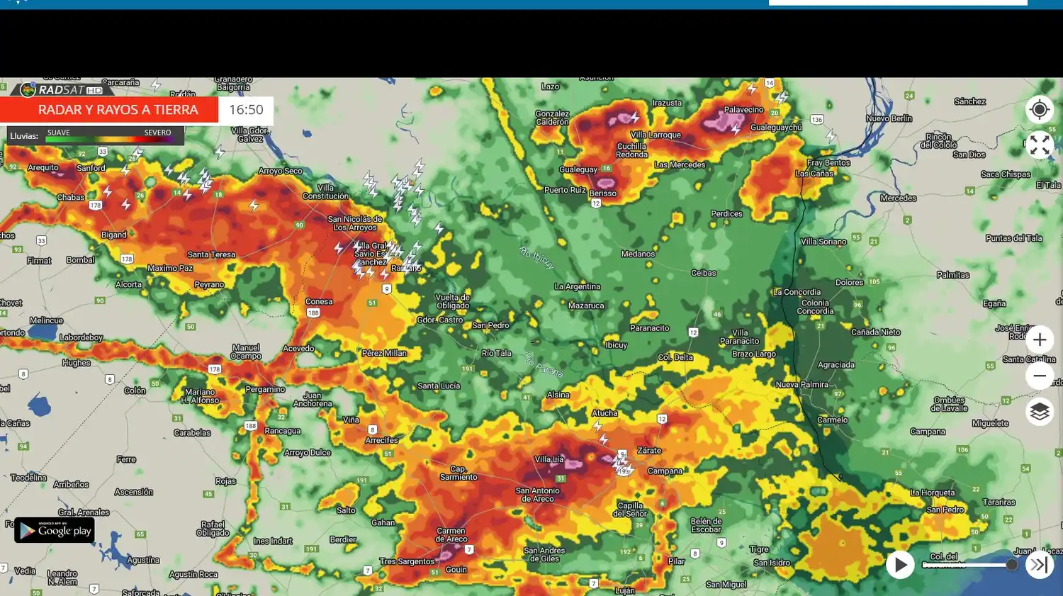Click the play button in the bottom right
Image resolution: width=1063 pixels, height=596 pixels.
tap(900, 565)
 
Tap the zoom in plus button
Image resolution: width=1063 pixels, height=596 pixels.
tap(1039, 340)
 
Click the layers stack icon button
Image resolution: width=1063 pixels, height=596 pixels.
tap(1039, 412)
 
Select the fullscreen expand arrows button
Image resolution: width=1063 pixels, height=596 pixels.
tap(1039, 145)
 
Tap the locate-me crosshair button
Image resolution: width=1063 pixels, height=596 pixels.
tap(1039, 110)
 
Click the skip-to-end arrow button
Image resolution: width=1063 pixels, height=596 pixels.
tap(1039, 565)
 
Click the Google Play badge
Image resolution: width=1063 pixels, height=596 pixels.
tap(55, 530)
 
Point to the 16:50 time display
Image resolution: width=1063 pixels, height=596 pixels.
tap(246, 110)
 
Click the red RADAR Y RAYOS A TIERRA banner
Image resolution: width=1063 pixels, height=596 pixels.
tap(110, 110)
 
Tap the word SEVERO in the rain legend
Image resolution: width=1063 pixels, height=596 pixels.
tap(157, 133)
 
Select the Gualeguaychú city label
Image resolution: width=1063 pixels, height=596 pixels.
tap(776, 128)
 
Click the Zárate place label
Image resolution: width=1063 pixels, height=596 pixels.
tap(649, 451)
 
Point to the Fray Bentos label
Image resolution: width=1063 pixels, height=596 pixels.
tap(828, 163)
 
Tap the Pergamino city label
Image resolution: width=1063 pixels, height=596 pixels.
tap(265, 390)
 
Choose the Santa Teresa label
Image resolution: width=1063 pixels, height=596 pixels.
tap(211, 254)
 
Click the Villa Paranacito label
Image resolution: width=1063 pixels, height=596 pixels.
tap(739, 337)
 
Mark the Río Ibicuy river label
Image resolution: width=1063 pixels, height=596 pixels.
tap(536, 257)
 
